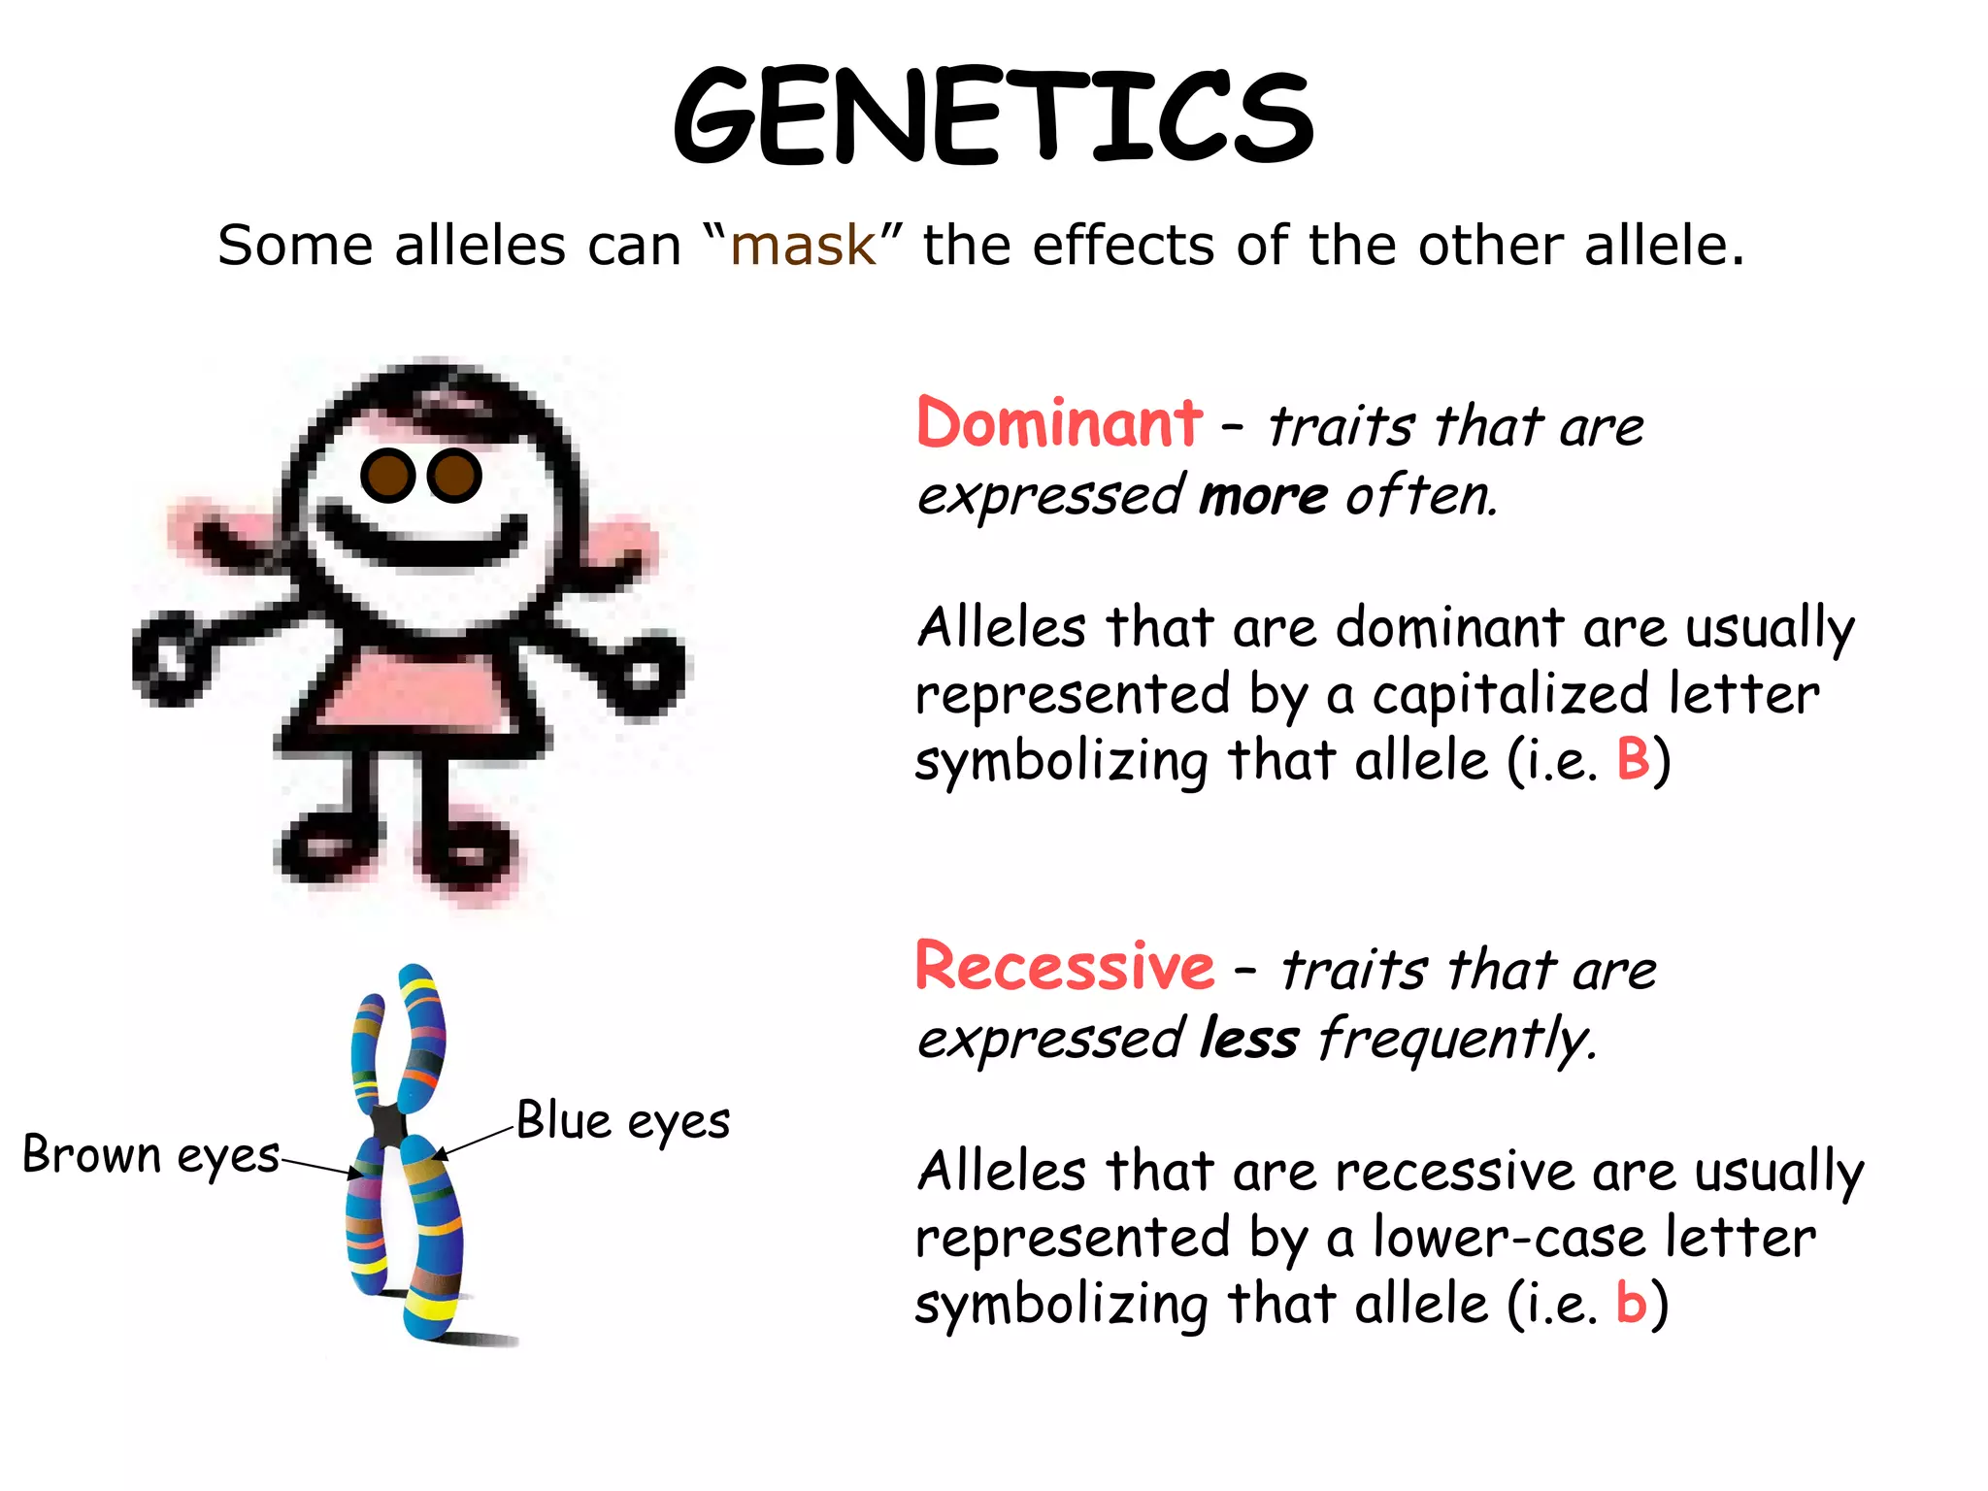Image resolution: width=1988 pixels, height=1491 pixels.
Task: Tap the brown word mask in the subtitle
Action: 803,245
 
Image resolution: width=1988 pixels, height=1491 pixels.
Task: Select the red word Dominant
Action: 1059,424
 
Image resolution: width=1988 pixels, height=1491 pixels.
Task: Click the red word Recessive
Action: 1065,967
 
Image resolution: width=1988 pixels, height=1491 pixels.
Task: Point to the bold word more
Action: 1263,497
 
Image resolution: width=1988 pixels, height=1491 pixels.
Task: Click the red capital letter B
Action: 1633,759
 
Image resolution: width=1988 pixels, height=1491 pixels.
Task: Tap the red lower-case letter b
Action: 1631,1303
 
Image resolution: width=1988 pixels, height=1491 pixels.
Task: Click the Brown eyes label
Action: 150,1155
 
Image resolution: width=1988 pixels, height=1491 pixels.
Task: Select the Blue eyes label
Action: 622,1121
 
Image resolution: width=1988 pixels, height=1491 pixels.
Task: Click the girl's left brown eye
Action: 387,476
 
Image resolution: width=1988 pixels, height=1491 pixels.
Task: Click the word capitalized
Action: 1510,695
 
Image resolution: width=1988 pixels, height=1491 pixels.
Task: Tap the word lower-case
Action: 1508,1239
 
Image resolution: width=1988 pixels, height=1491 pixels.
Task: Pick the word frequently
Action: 1456,1041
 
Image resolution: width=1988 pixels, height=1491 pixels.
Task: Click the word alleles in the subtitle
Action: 480,245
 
